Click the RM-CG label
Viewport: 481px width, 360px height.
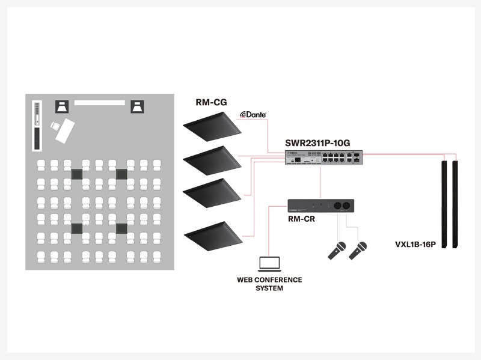[x=211, y=102]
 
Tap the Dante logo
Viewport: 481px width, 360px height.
[x=253, y=114]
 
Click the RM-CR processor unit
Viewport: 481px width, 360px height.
[x=320, y=206]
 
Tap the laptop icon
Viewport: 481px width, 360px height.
[x=269, y=263]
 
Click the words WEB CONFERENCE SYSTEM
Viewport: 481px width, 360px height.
[x=269, y=284]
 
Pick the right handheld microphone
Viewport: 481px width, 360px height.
[x=358, y=249]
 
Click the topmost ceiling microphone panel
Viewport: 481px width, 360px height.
[x=212, y=130]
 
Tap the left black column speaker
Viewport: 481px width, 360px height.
[x=444, y=203]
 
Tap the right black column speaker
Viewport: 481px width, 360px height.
[x=456, y=203]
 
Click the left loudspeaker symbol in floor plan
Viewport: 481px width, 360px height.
[x=63, y=107]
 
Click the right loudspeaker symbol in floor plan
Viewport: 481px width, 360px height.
[x=138, y=107]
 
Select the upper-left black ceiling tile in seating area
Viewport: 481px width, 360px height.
[x=76, y=174]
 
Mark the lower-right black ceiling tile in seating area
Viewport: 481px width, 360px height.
[x=121, y=228]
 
